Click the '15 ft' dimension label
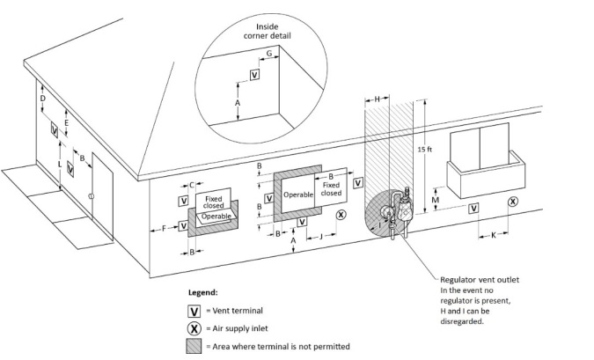425,150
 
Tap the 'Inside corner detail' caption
267,31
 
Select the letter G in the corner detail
269,54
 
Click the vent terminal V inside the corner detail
255,75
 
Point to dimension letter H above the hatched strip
377,99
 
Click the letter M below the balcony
436,200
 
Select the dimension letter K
493,235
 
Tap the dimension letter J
321,237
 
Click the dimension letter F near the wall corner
164,228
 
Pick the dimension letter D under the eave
43,99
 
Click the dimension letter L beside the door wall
60,165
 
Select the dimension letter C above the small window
192,185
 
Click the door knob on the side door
91,196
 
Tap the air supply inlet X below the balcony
512,202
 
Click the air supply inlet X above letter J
341,215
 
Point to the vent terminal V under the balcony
473,208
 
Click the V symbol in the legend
194,312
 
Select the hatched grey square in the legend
194,347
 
